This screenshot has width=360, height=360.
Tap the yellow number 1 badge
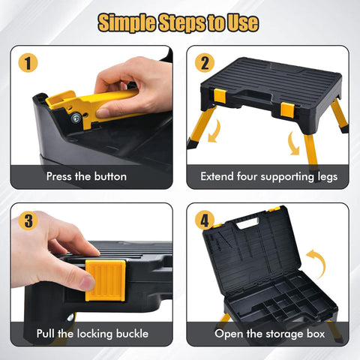pos(29,62)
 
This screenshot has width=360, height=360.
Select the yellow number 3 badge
pos(29,220)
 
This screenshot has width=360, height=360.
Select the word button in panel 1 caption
pos(109,177)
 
